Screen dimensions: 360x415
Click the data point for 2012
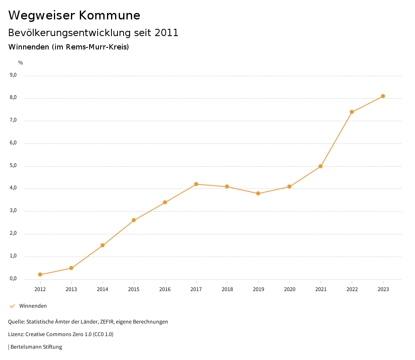click(x=40, y=274)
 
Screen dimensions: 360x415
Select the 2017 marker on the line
click(x=196, y=184)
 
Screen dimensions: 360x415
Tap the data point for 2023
click(x=383, y=96)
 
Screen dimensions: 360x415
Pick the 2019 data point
click(x=258, y=193)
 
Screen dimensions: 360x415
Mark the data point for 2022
click(x=352, y=112)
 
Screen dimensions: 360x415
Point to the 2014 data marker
click(x=103, y=245)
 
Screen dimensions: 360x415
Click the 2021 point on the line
click(x=321, y=166)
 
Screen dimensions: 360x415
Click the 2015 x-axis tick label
click(x=134, y=289)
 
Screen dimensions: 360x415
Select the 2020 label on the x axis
click(x=289, y=289)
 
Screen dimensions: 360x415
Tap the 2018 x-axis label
click(x=227, y=289)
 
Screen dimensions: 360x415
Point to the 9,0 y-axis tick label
click(x=13, y=75)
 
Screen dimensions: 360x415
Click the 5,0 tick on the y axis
click(x=13, y=165)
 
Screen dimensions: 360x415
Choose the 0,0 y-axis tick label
click(x=13, y=279)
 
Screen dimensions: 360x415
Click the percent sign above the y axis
click(x=21, y=62)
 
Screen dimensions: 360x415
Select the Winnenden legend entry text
click(x=33, y=306)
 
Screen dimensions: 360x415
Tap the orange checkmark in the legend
click(x=12, y=306)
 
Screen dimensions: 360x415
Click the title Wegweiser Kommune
click(x=74, y=15)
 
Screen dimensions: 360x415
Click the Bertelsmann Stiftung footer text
click(x=36, y=347)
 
